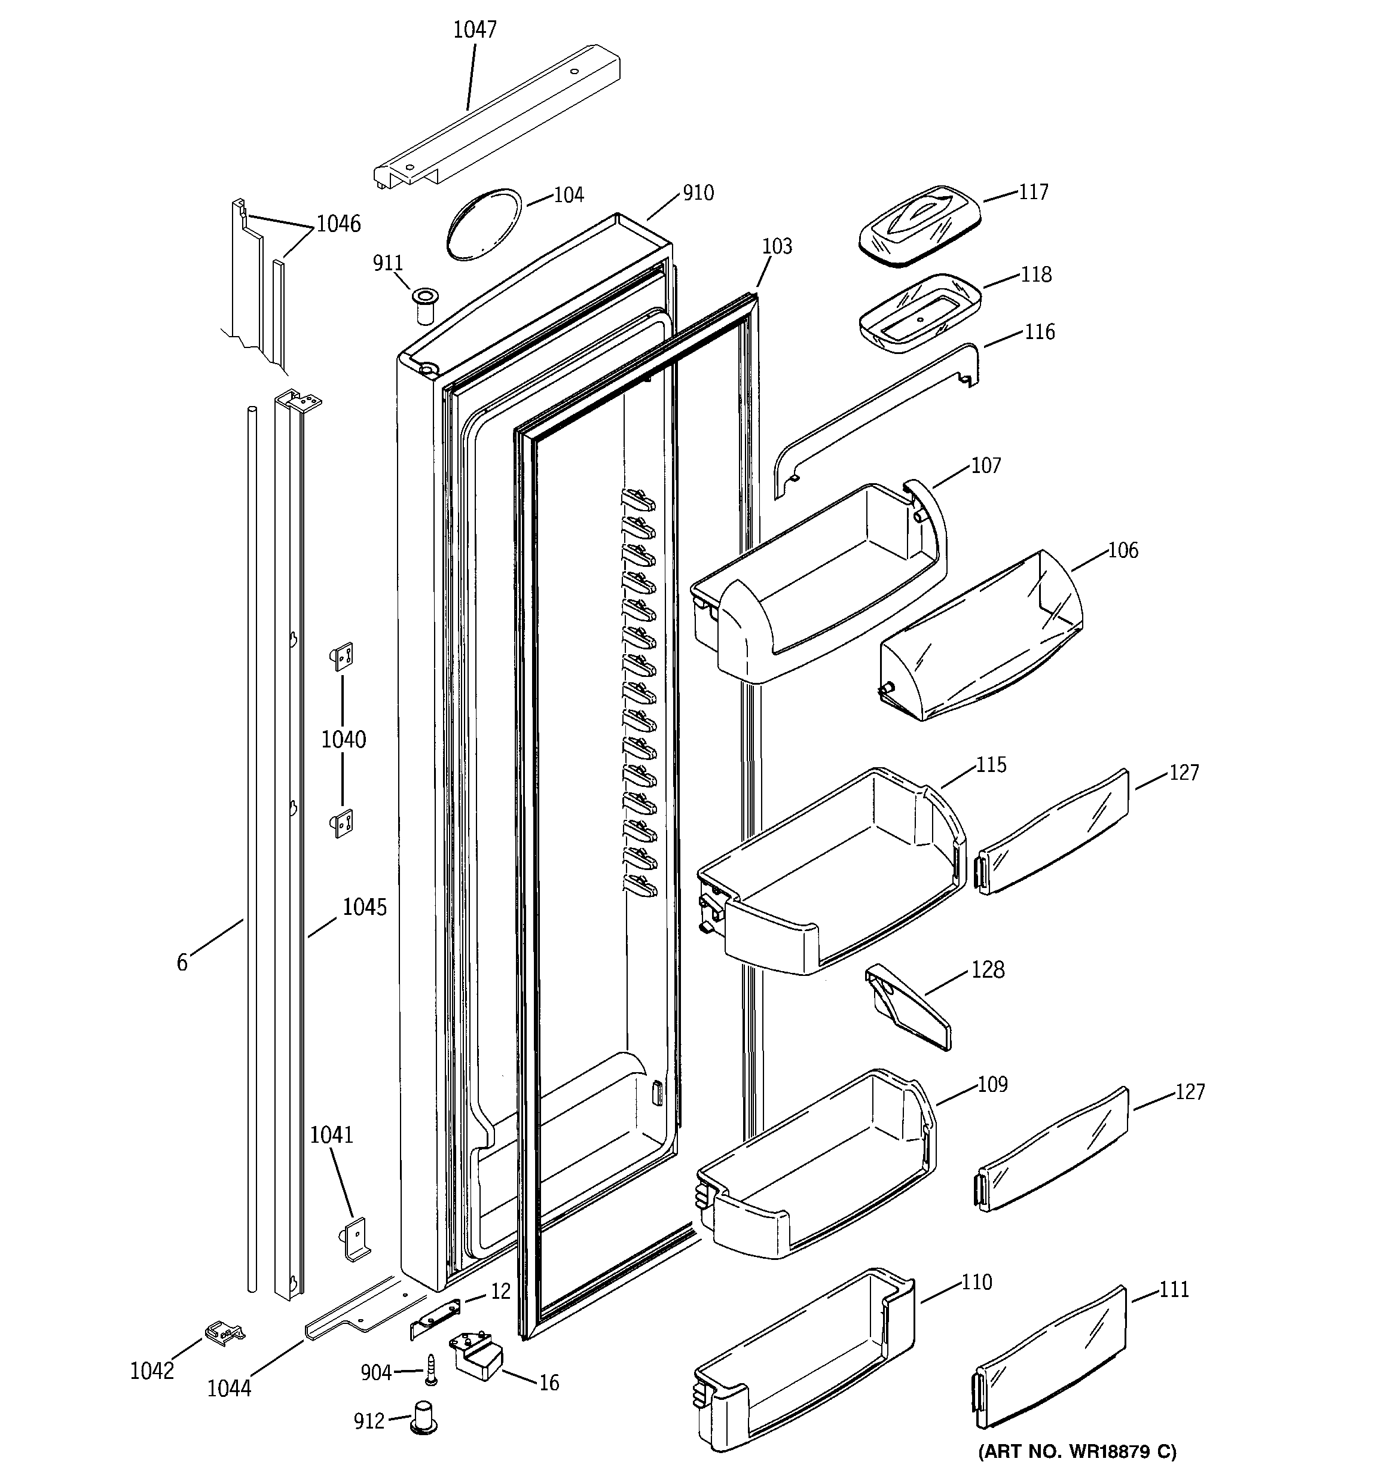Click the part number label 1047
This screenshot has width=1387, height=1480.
click(474, 30)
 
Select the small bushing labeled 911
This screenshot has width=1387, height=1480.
click(424, 304)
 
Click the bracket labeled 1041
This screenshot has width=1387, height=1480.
click(356, 1240)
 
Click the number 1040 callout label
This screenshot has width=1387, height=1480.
click(343, 739)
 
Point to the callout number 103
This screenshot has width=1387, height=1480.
click(777, 246)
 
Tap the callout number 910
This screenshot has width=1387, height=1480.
click(698, 194)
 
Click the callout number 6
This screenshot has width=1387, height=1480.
click(182, 963)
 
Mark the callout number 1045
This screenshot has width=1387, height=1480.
click(364, 907)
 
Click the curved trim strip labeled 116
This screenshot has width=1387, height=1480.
click(875, 417)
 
